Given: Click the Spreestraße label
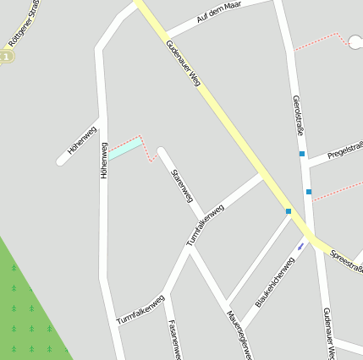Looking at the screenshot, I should [346, 259].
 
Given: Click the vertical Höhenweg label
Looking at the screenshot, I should [104, 161].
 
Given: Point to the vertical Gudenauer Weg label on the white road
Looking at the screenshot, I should [329, 333].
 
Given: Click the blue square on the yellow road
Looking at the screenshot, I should [289, 211].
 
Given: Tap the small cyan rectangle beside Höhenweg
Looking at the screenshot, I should [124, 149].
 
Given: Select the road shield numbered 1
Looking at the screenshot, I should [7, 56].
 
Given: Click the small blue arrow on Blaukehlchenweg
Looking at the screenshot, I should [300, 246].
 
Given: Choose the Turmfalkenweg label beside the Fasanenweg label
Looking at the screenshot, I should [140, 309].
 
